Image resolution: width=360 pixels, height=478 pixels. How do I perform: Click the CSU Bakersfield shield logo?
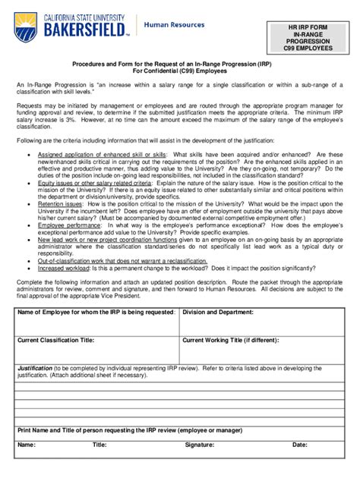(x=26, y=28)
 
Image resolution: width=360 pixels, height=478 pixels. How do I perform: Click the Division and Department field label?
(x=218, y=312)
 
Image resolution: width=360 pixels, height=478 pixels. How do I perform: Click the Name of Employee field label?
(x=96, y=312)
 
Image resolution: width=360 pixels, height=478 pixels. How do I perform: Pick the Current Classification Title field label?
(x=56, y=339)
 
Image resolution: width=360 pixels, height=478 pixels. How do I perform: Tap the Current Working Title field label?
(x=231, y=339)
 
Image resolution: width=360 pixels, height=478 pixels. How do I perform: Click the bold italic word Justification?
(x=34, y=368)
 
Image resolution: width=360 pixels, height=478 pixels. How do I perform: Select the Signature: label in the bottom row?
(x=199, y=445)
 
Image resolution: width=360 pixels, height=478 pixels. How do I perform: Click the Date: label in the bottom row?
(x=300, y=445)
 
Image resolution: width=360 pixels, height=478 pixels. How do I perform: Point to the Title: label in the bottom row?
(x=99, y=445)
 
